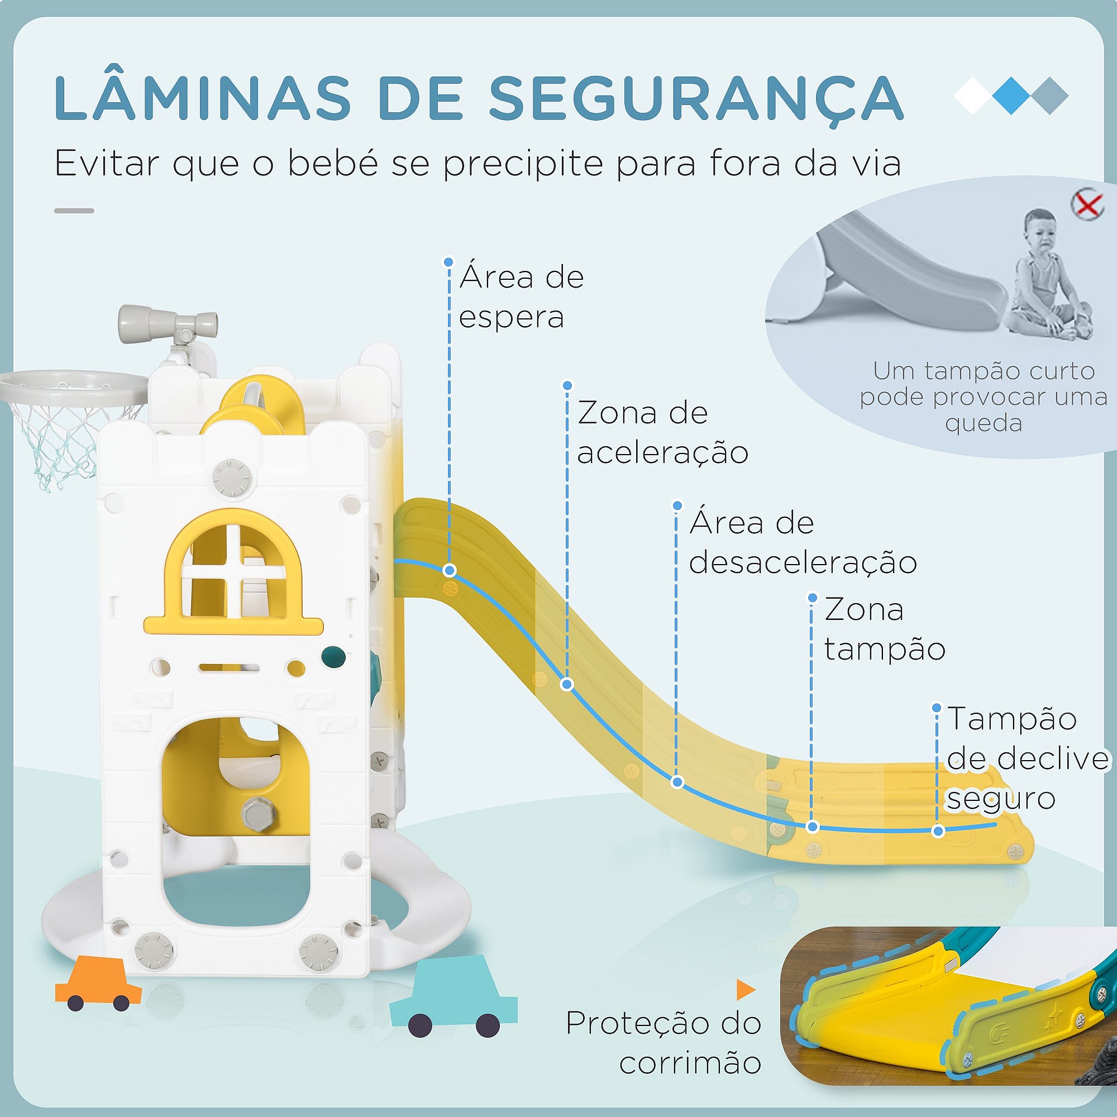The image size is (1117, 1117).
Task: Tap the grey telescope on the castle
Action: [x=168, y=318]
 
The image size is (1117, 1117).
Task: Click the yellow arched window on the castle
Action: [x=233, y=573]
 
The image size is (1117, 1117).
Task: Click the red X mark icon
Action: [x=1087, y=204]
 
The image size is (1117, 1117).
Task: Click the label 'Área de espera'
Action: [x=521, y=297]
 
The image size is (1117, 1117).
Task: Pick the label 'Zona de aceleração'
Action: [x=662, y=432]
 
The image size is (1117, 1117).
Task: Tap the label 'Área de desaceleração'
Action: [x=803, y=542]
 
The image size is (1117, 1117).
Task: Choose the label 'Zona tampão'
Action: [x=884, y=629]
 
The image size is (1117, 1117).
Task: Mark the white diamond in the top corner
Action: [x=973, y=96]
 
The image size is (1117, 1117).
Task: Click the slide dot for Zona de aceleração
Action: [x=566, y=685]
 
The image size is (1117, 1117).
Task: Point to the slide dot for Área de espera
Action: [x=449, y=571]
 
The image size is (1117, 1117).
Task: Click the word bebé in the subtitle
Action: [x=330, y=164]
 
